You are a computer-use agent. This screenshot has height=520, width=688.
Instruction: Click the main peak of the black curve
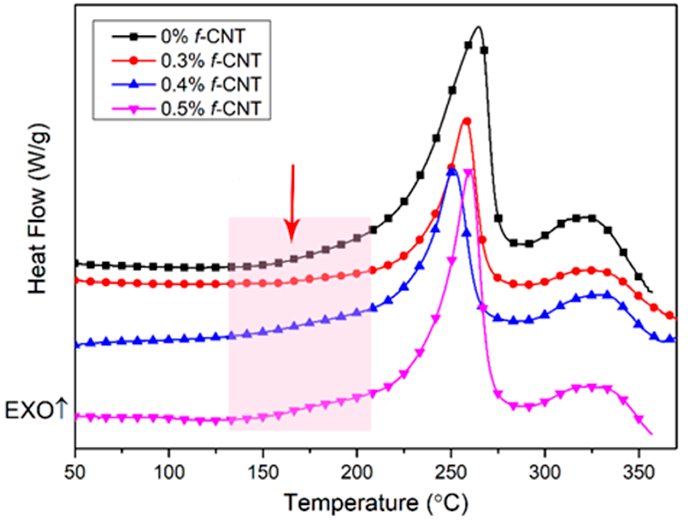coord(478,27)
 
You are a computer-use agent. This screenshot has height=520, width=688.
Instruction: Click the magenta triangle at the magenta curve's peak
coord(468,172)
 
